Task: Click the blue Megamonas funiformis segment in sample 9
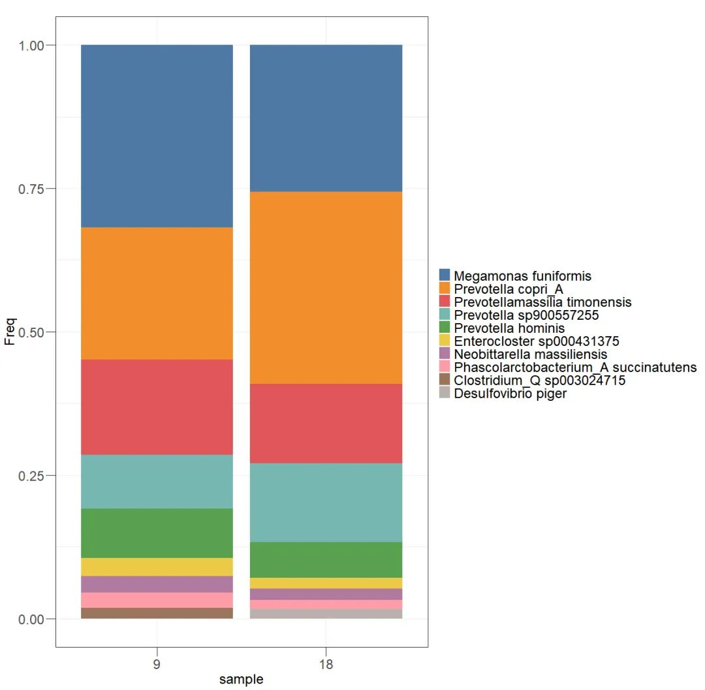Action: tap(157, 136)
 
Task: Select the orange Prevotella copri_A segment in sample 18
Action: tap(326, 287)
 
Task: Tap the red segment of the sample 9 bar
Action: tap(157, 407)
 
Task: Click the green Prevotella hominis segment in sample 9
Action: tap(157, 533)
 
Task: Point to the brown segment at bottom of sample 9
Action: tap(157, 613)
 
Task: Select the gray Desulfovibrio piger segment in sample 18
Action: tap(326, 614)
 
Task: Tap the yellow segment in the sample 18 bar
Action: tap(326, 583)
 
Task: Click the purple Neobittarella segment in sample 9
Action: tap(157, 584)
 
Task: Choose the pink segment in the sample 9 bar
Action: tap(157, 600)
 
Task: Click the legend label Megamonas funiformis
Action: tap(522, 276)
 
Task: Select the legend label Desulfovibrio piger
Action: tap(510, 394)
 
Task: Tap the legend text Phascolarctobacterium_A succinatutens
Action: tap(575, 368)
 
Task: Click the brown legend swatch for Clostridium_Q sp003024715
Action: tap(445, 380)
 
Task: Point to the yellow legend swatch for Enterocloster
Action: tap(445, 341)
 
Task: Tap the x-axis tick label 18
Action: tap(326, 665)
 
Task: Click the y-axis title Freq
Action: tap(10, 332)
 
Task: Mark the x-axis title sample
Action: tap(242, 680)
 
